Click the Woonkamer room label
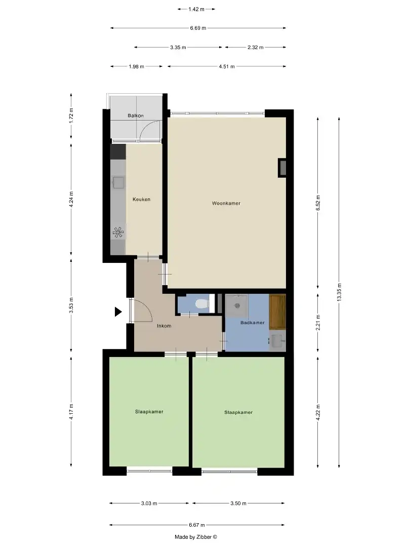226,204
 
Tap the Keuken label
141,200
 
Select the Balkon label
136,116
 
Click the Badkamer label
253,323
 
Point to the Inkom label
164,326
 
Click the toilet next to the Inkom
201,304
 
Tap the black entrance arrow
118,312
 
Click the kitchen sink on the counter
118,182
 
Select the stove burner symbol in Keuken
118,233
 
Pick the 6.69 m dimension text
198,28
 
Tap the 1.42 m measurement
196,9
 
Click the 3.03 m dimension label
149,503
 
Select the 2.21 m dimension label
318,323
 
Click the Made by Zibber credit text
195,537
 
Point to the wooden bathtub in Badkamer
277,312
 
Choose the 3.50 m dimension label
238,503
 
